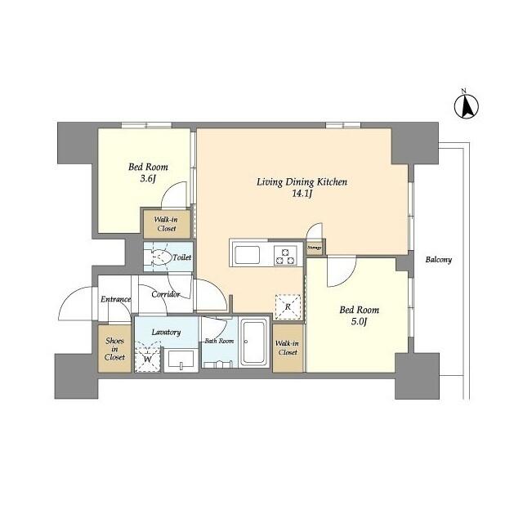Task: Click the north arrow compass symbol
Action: [467, 105]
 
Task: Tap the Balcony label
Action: [438, 260]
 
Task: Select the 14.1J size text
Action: [302, 194]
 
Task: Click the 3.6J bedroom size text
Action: [148, 179]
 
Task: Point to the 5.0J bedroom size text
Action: [359, 321]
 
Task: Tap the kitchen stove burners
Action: [285, 256]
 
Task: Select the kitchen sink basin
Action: [247, 255]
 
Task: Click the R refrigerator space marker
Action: [288, 307]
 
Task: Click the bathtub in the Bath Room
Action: [254, 342]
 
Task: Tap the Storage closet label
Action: [315, 248]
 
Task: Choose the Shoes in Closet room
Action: [114, 349]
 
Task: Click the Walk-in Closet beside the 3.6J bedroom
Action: [167, 224]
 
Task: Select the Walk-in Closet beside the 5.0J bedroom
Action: [288, 348]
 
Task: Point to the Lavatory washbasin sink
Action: [181, 360]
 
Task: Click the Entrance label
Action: [116, 299]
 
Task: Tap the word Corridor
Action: [166, 294]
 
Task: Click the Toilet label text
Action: [181, 257]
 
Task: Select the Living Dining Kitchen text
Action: [302, 182]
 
